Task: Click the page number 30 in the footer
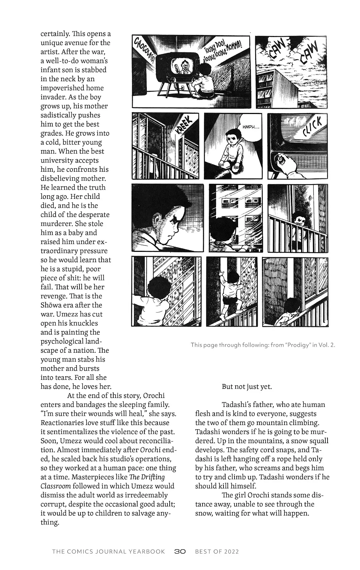pyautogui.click(x=180, y=551)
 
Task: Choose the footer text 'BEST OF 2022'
pyautogui.click(x=217, y=551)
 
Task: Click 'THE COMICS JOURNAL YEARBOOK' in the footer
pyautogui.click(x=108, y=551)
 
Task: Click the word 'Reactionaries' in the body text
pyautogui.click(x=62, y=423)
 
